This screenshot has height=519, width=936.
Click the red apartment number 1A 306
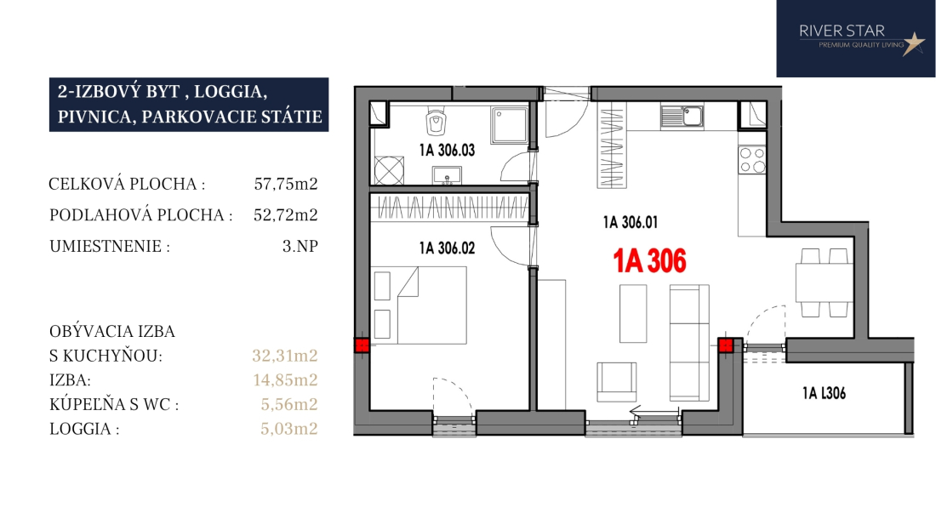point(650,261)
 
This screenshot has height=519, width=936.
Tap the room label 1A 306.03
point(447,151)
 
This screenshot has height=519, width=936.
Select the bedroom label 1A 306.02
point(447,248)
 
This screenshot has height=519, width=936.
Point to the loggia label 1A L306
point(824,393)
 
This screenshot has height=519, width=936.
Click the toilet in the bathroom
point(437,123)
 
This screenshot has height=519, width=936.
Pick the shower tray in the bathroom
point(510,125)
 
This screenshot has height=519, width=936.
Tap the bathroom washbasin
point(447,175)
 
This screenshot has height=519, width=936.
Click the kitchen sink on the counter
point(682,117)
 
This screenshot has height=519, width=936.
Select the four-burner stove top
point(752,160)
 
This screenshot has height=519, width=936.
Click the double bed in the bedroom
point(420,305)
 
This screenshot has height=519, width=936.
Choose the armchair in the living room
point(617,381)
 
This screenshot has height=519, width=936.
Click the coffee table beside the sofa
point(633,313)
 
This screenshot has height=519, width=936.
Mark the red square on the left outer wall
point(362,345)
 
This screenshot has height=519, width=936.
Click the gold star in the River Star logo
point(913,43)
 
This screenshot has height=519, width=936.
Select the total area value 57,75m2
point(286,184)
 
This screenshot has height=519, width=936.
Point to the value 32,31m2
point(285,356)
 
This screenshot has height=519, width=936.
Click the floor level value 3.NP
point(300,246)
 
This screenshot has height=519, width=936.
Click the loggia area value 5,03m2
point(289,428)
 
